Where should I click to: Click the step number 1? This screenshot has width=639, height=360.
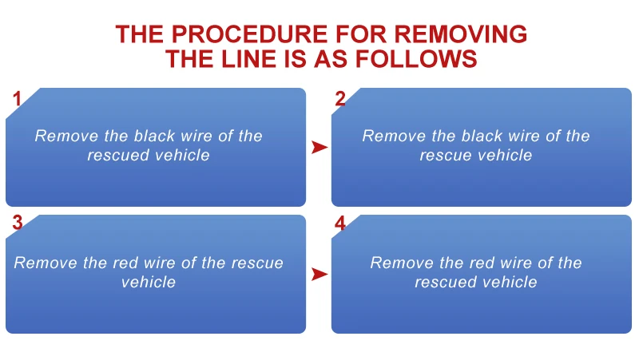click(x=16, y=99)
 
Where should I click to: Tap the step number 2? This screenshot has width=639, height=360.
click(x=340, y=99)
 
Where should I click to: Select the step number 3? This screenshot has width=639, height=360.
click(x=16, y=224)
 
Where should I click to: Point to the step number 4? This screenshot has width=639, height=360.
click(x=340, y=224)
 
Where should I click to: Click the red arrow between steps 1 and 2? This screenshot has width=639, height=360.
click(x=319, y=147)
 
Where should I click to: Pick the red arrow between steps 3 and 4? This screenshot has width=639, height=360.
click(x=319, y=274)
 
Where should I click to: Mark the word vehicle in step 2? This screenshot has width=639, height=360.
click(x=505, y=155)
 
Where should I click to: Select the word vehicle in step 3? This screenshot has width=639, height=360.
click(x=149, y=282)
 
